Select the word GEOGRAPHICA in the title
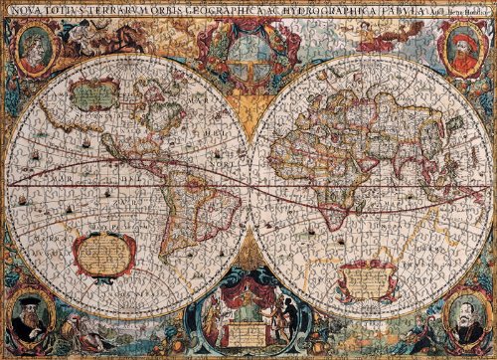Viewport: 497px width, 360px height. [x=217, y=8]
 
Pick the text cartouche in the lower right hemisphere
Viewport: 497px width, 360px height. [x=370, y=281]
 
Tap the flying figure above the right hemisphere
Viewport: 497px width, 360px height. [x=373, y=38]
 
